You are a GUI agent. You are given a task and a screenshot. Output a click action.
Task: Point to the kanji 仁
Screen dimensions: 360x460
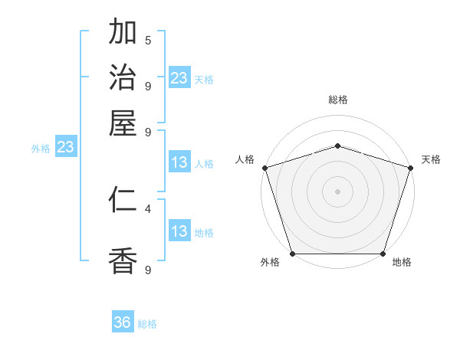(123, 200)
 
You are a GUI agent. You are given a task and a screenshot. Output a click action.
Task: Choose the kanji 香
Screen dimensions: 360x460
(123, 260)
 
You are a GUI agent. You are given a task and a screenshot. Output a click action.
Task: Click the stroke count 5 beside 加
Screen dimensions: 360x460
(148, 40)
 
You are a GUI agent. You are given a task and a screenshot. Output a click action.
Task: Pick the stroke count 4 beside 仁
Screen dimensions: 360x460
(148, 208)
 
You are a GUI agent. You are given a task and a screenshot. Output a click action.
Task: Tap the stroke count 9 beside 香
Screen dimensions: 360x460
(148, 269)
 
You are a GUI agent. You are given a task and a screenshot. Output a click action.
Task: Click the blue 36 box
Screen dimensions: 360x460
(123, 322)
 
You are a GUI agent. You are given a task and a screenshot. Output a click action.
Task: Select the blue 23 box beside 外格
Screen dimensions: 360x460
(64, 147)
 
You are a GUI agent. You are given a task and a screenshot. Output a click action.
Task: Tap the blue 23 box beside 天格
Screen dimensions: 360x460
(179, 78)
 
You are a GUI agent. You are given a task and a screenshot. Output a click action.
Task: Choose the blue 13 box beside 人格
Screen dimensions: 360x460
(179, 162)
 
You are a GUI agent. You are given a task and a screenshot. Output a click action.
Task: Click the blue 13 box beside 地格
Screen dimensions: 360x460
(179, 231)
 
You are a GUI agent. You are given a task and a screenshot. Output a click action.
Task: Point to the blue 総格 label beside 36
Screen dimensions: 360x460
(147, 324)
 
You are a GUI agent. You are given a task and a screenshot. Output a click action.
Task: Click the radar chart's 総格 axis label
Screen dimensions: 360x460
(337, 100)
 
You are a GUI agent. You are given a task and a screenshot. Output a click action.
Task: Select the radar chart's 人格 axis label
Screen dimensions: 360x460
(245, 159)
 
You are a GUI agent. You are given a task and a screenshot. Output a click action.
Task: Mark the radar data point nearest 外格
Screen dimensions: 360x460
(293, 254)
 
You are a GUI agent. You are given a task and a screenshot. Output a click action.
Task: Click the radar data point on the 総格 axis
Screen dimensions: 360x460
(337, 146)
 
